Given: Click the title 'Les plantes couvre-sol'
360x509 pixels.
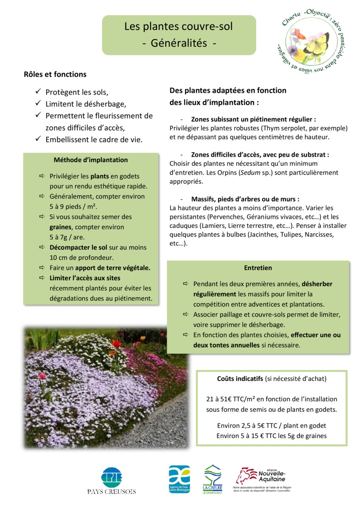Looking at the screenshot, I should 179,27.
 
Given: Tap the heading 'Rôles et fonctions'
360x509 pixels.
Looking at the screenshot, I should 55,74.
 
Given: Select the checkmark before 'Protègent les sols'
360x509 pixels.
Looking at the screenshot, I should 38,91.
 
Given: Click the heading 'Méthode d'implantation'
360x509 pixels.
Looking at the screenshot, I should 91,160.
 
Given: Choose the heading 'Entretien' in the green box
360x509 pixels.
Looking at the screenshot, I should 258,268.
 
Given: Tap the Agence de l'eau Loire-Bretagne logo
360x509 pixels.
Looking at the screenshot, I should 179,479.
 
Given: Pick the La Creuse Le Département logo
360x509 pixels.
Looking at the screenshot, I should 212,479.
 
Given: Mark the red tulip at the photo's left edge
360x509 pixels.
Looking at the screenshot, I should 42,376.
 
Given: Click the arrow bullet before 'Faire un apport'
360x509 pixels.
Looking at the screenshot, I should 42,268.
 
